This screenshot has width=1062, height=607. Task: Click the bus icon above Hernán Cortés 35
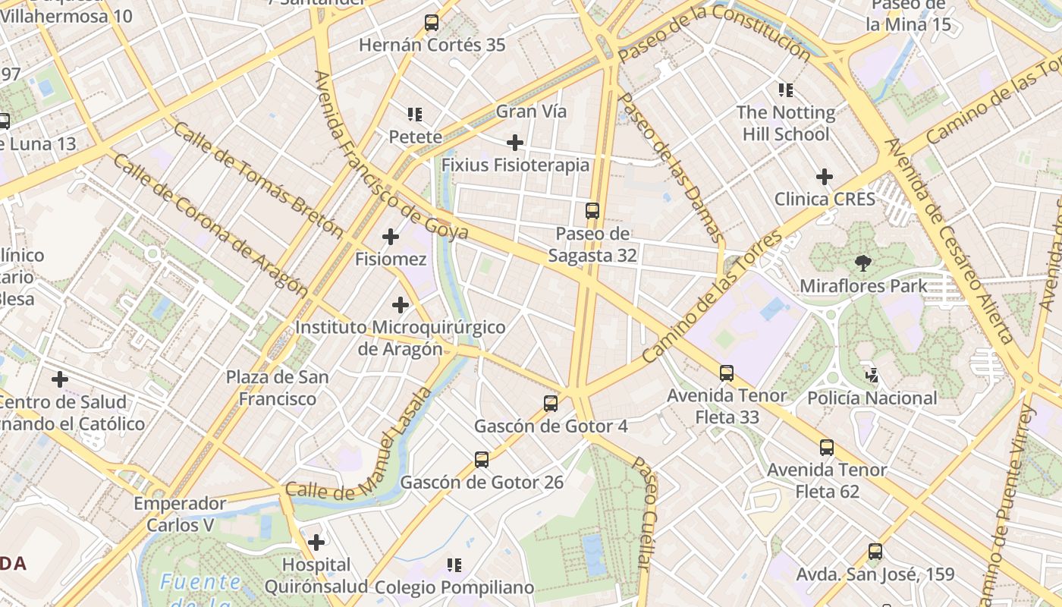[432, 23]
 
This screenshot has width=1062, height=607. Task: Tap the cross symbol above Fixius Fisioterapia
[515, 142]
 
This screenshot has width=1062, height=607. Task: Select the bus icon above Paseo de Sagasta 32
[592, 211]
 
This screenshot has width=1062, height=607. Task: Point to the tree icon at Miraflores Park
[862, 263]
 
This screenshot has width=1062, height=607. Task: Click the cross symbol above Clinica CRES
[825, 177]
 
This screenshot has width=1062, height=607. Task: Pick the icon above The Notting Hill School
[786, 90]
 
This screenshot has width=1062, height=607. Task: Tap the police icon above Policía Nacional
[872, 375]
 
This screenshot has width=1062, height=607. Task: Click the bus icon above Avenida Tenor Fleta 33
[727, 373]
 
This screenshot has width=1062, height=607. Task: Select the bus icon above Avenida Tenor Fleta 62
[827, 448]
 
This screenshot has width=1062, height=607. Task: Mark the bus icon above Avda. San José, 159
[875, 552]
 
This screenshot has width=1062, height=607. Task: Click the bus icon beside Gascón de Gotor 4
[551, 404]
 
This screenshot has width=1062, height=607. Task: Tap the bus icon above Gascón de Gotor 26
[482, 460]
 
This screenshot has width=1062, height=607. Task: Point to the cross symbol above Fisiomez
[391, 237]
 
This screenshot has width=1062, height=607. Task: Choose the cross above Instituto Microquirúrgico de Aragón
[401, 305]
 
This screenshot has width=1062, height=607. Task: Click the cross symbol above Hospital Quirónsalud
[316, 543]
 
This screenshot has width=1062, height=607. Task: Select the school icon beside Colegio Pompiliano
[454, 565]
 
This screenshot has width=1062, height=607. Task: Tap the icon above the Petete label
[415, 115]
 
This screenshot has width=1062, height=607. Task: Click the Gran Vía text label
[531, 112]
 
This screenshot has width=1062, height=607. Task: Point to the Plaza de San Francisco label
[277, 388]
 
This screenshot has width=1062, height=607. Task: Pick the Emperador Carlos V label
[180, 514]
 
